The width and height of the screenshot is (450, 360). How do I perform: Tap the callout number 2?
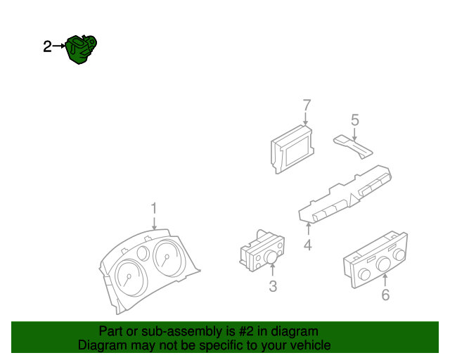click(x=47, y=47)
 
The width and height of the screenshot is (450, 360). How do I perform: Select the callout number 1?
click(x=154, y=208)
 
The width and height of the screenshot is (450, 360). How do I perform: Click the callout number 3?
click(x=273, y=286)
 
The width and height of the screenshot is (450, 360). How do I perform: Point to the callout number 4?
click(x=307, y=245)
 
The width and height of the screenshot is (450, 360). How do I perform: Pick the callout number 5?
click(x=355, y=120)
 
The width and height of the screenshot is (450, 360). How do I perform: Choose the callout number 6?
click(x=385, y=295)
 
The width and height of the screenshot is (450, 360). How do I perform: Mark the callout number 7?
click(x=307, y=105)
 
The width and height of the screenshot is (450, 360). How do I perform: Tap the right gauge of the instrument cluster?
click(x=167, y=260)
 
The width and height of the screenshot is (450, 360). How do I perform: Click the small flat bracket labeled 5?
click(x=354, y=147)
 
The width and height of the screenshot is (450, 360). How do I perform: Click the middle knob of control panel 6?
click(x=383, y=265)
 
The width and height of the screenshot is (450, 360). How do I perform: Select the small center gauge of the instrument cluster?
click(x=143, y=255)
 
